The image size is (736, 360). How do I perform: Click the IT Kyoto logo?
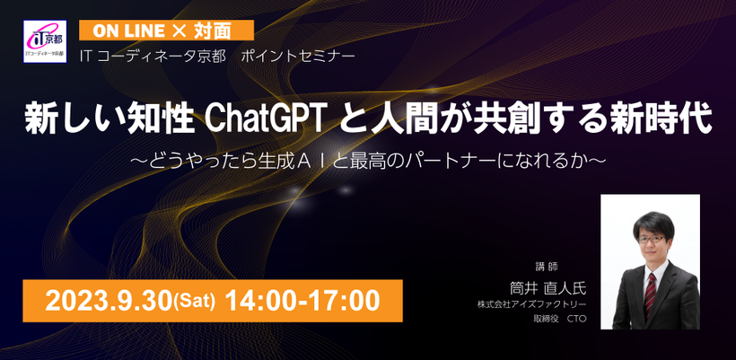45,41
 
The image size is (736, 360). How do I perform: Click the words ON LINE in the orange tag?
128,31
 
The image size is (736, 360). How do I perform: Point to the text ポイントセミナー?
299,57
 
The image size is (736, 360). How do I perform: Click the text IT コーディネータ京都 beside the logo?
153,57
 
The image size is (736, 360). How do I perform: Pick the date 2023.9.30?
109,301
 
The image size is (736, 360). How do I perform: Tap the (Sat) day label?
195,303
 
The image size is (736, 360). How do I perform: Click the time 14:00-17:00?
302,301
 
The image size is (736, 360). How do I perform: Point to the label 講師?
547,266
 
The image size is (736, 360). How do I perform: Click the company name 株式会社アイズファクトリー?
532,305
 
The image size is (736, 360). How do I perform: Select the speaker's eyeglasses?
651,240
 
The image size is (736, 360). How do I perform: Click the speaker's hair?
653,222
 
